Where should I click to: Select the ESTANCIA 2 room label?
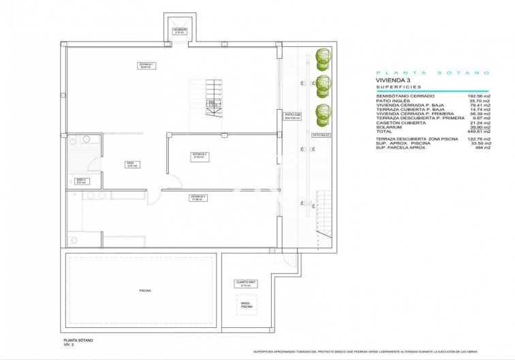(200, 155)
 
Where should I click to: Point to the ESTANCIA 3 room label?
(198, 197)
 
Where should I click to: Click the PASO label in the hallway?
(129, 164)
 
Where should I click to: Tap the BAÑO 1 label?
(80, 181)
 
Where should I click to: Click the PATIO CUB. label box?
(292, 116)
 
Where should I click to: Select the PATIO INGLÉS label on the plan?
(321, 135)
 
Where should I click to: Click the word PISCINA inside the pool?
(144, 290)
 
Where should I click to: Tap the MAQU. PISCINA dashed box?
(245, 305)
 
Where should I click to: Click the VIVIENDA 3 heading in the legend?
(391, 80)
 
